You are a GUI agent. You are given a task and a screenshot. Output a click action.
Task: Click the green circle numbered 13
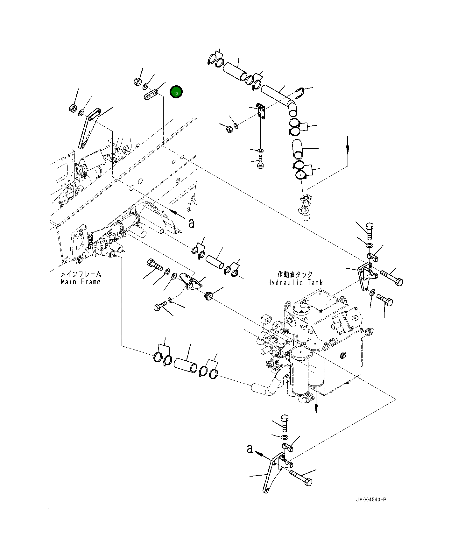[176, 92]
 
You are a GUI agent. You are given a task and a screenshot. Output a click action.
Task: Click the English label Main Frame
[81, 282]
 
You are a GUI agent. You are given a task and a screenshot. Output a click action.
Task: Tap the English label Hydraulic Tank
[295, 282]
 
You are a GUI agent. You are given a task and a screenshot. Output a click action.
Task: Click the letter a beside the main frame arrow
[191, 223]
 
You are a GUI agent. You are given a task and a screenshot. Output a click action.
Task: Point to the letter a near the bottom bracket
[250, 449]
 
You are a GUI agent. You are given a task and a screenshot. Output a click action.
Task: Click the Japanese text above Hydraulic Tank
[295, 274]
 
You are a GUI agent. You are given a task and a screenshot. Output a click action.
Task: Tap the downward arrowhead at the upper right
[348, 149]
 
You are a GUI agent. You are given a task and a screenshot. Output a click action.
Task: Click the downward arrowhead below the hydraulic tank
[316, 409]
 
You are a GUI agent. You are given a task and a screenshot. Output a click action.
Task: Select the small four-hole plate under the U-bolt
[261, 111]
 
